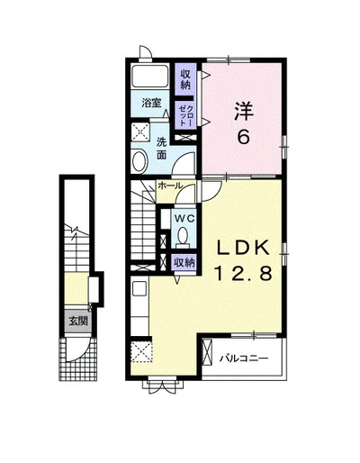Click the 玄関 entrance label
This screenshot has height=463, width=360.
(78, 322)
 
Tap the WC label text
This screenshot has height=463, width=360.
(184, 219)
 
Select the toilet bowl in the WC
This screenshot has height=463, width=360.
(183, 235)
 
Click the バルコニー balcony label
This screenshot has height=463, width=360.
(244, 359)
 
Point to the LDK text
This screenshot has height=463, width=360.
(243, 248)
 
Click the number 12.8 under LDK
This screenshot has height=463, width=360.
(243, 274)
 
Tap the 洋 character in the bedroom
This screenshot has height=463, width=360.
(244, 111)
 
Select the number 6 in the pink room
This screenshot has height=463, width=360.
(244, 138)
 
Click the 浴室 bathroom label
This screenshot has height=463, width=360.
(151, 103)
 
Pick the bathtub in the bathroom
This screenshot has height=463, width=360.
(150, 76)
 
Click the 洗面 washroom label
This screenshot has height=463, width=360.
(162, 148)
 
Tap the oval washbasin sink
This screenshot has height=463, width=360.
(139, 161)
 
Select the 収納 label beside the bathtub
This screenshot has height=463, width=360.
(185, 79)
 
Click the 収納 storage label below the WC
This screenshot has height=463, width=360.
(184, 263)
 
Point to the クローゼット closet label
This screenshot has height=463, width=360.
(185, 115)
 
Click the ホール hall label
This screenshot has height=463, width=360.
(170, 186)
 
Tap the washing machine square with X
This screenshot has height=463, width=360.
(140, 132)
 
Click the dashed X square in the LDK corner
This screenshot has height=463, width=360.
(141, 352)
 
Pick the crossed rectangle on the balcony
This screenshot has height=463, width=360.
(207, 352)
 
